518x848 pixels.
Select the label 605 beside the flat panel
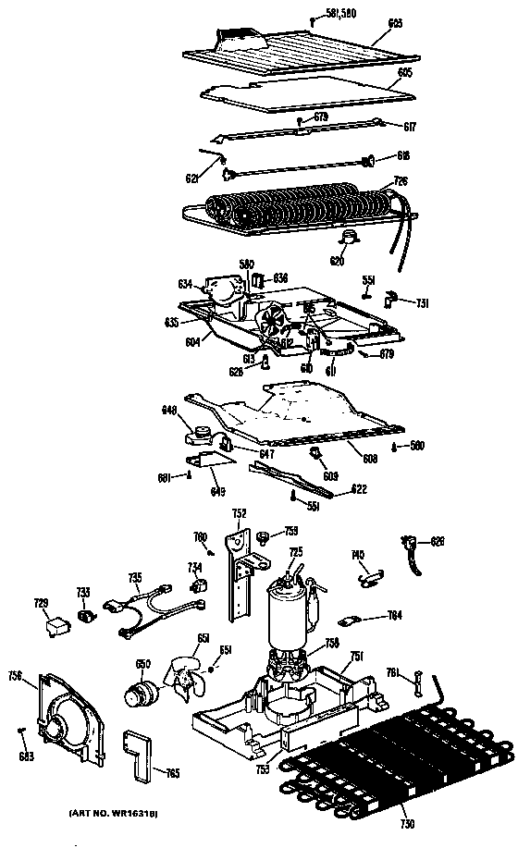[x=404, y=71]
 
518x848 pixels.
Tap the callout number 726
[x=401, y=180]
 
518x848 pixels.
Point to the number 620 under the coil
[x=338, y=261]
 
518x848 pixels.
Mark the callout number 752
[x=239, y=514]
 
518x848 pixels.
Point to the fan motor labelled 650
[x=142, y=691]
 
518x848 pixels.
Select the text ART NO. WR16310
[x=113, y=813]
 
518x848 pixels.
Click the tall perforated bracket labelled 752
[x=241, y=573]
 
